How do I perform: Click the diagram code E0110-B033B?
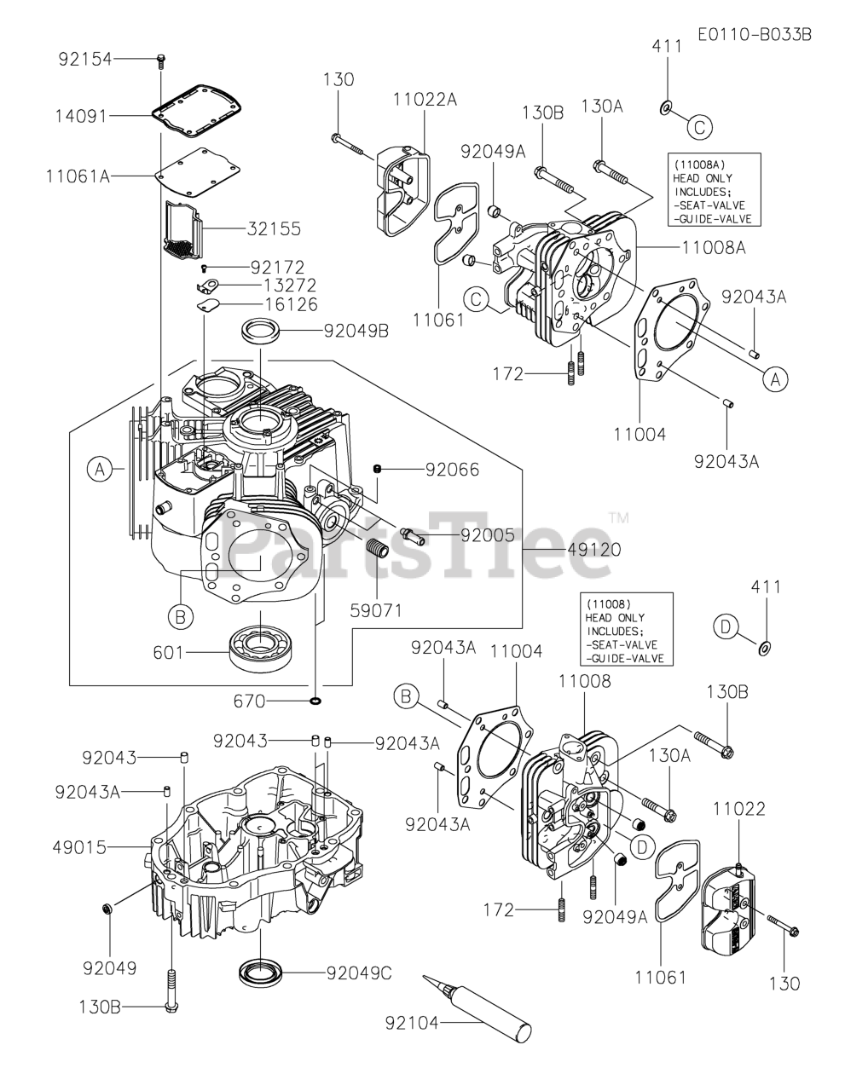click(x=753, y=35)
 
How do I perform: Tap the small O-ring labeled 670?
click(x=315, y=701)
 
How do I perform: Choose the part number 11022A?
click(x=425, y=100)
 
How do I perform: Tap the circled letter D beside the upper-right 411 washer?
click(x=724, y=628)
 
